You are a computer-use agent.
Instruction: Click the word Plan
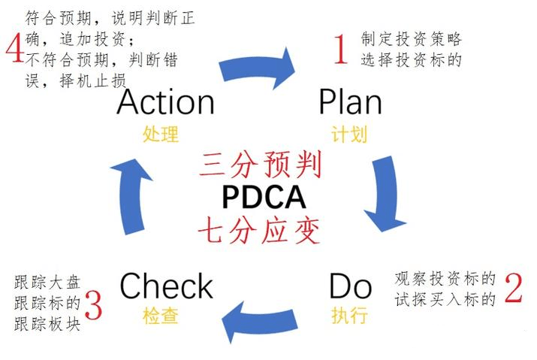pos(350,101)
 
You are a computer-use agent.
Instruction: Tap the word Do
pos(350,286)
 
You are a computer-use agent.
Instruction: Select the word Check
pos(167,286)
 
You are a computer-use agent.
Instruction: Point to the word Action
pos(165,101)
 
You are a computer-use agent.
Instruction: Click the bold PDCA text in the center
pos(264,197)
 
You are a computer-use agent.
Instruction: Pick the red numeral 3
pos(93,304)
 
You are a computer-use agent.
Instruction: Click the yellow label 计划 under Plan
pos(349,135)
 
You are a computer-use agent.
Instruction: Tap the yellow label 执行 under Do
pos(349,316)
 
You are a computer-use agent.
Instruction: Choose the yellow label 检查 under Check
pos(161,316)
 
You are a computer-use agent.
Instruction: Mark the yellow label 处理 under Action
pos(161,135)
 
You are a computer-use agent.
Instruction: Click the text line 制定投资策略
pos(411,38)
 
